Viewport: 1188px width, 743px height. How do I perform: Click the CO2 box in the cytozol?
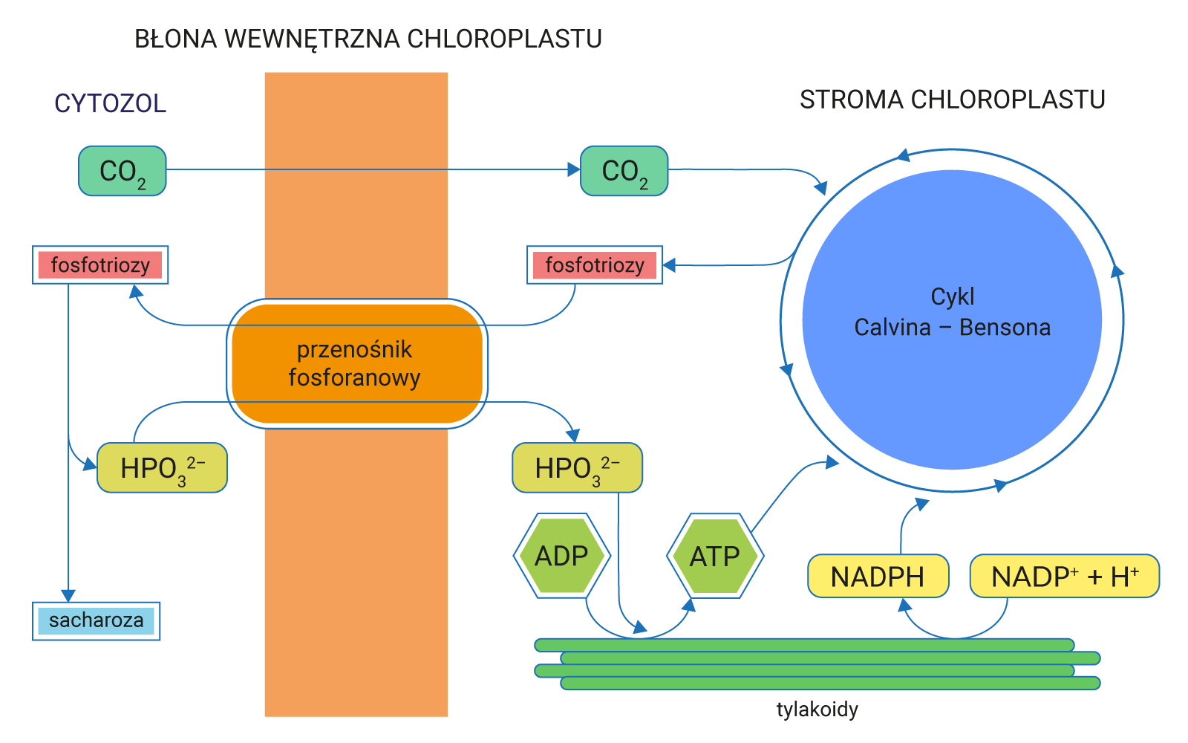123,171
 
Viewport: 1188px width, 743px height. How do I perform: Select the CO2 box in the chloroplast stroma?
624,171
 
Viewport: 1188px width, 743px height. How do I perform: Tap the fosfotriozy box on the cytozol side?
100,265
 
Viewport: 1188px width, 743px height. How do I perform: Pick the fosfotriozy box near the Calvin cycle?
594,265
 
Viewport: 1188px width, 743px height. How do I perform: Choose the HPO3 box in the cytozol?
162,468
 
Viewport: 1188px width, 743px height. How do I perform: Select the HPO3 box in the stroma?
577,468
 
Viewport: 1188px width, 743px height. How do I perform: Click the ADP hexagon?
562,556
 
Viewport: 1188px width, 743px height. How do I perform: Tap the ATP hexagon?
715,556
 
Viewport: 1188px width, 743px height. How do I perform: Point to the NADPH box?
878,577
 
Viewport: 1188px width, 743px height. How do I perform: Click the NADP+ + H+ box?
1064,577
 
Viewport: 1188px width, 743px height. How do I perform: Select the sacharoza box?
96,620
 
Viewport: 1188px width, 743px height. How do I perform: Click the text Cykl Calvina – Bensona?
952,312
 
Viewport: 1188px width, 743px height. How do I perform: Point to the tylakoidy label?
817,710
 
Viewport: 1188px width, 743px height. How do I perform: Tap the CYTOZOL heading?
110,103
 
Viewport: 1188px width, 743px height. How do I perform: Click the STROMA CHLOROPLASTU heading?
952,100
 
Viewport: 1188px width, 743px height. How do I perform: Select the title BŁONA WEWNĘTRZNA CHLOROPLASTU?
368,39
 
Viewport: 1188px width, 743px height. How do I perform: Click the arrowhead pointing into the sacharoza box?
68,596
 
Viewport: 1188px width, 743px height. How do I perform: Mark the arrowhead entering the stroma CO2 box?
574,170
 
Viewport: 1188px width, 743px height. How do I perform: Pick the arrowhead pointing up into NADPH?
904,605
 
